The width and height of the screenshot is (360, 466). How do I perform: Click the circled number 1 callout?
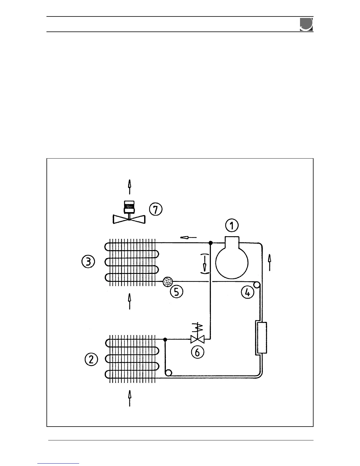coord(232,226)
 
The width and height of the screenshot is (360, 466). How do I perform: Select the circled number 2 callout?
coord(91,360)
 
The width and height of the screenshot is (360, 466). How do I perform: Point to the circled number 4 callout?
coord(248,292)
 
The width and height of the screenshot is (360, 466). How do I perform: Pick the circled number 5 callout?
coord(177,292)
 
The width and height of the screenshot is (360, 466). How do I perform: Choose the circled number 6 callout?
coord(198,352)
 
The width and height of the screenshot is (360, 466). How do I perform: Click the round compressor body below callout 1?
coord(232,262)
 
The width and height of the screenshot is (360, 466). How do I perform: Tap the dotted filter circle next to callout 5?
coord(168,282)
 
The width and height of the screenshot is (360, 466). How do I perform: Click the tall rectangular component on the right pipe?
coord(261,337)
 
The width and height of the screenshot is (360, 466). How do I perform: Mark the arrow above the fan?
coord(129,187)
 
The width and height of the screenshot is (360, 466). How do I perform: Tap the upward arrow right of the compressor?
coord(269,263)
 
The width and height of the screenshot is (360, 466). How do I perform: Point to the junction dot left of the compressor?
coord(210,243)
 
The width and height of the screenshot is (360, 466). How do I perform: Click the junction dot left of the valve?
coord(165,339)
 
